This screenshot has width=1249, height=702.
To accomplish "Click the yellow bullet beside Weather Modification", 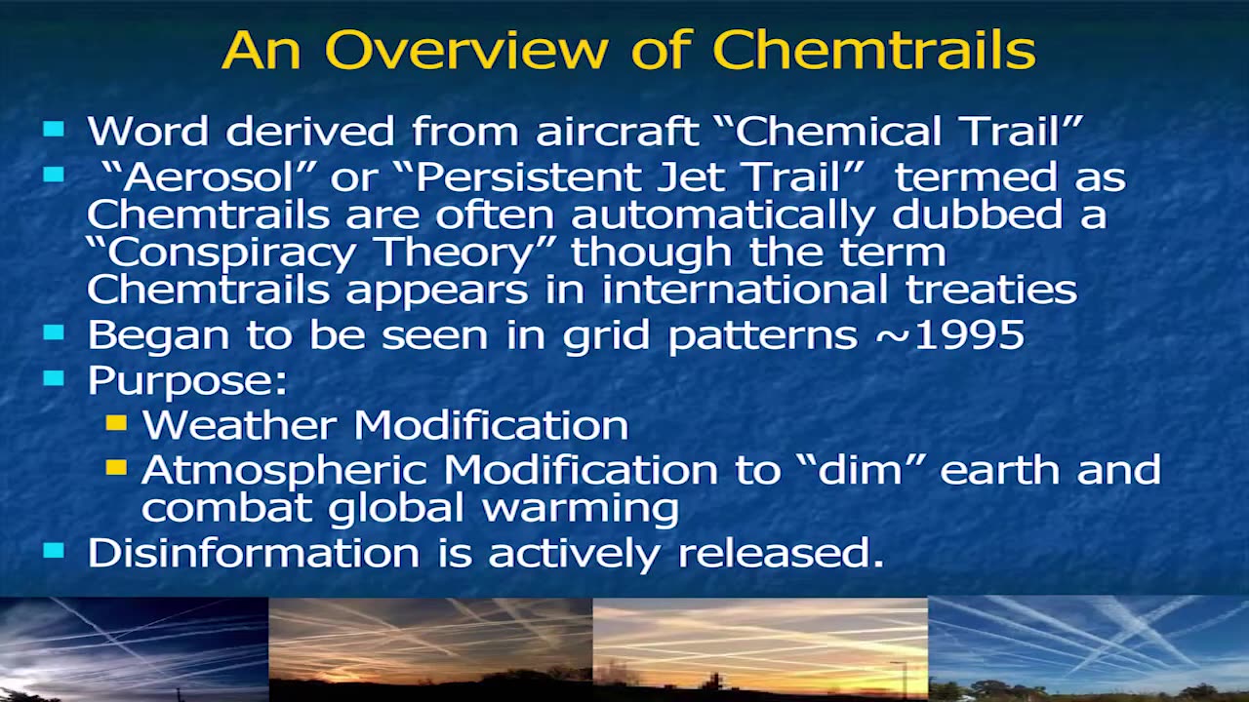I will point(116,423).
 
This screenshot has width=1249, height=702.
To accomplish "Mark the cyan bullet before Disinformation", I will point(54,551).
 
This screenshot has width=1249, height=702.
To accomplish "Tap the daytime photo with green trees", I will point(1088,648).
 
